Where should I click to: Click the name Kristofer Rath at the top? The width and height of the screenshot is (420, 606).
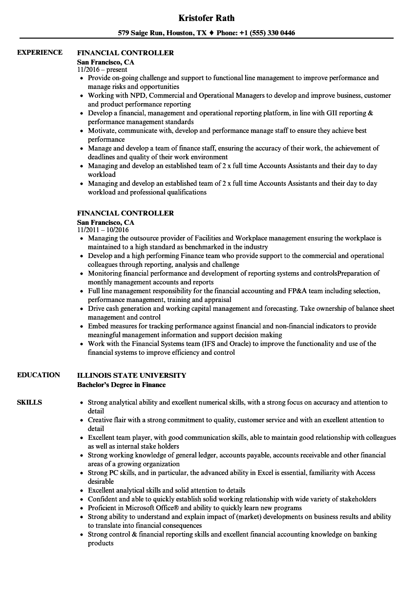[x=206, y=18]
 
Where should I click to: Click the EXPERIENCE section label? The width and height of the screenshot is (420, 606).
[x=40, y=53]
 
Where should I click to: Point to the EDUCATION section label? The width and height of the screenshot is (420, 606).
[x=39, y=375]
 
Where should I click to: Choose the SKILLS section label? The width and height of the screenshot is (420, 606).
[x=29, y=402]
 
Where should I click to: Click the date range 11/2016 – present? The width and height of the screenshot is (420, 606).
[x=102, y=70]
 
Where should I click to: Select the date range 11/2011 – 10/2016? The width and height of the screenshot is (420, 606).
[x=103, y=230]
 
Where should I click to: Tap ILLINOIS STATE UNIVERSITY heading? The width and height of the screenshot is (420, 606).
[x=131, y=375]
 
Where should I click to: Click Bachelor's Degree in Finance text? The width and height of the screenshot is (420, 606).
[x=121, y=385]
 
